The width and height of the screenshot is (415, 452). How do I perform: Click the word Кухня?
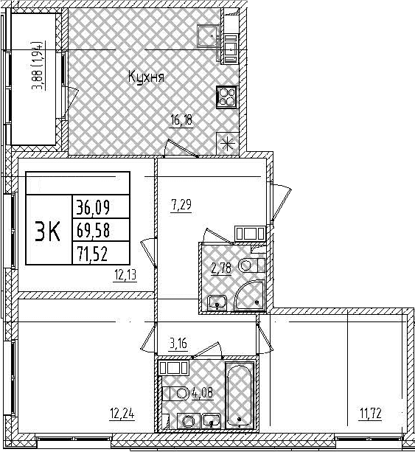[x=146, y=77]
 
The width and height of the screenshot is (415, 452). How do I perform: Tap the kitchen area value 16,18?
[x=181, y=120]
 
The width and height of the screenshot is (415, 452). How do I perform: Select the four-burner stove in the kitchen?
[x=226, y=97]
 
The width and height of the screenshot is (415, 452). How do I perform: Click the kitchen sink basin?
[x=208, y=35]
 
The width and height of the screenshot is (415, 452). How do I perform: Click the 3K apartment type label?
[x=48, y=231]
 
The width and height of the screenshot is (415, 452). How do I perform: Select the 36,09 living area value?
[x=93, y=207]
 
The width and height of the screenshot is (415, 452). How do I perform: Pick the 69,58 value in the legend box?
[x=93, y=230]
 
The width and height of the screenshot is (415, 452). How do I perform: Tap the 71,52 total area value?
[x=92, y=254]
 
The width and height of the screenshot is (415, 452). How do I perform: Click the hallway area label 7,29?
[x=181, y=206]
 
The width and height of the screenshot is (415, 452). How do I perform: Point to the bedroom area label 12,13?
[x=125, y=275]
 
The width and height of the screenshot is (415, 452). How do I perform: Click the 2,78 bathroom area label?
[x=221, y=268]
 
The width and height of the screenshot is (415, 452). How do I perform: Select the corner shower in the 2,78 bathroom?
[x=250, y=295]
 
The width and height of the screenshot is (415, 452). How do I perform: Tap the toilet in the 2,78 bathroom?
[x=251, y=265]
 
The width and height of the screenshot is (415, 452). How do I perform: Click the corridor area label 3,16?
[x=178, y=344]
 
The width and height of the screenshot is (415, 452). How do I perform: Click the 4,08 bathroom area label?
[x=203, y=392]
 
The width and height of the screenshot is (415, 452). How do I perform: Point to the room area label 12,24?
[x=122, y=415]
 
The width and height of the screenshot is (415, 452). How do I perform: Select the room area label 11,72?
[x=370, y=414]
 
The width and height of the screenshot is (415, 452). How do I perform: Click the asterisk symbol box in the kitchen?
[x=228, y=143]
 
